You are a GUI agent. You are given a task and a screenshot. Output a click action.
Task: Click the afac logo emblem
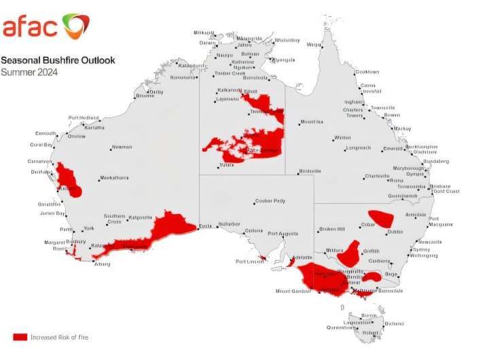point(75,26)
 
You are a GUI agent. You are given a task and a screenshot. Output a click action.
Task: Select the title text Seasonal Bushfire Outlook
point(58,60)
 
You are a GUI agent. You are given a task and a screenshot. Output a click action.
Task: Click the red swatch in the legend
point(20,337)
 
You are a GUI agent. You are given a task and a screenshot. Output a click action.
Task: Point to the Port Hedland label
point(83,118)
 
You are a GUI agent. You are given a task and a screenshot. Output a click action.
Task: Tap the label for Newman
point(122,147)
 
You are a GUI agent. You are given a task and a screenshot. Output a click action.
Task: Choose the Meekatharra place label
point(113,178)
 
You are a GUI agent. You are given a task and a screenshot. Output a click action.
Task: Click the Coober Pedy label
point(270,201)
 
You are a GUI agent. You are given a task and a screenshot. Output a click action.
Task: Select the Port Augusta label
point(283,234)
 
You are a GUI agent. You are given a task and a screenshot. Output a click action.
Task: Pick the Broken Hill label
point(332,229)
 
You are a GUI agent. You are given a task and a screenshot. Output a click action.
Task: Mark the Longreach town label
point(358,147)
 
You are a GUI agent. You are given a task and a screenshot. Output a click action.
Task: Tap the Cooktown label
point(367,72)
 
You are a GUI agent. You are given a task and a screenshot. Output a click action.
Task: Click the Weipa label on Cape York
point(313,46)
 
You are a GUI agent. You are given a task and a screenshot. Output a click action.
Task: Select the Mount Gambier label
point(293,291)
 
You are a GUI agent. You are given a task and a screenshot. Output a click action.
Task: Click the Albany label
point(101,264)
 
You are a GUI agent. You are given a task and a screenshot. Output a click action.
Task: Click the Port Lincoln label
point(249,262)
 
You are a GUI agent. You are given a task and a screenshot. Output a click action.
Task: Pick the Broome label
point(145,96)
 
